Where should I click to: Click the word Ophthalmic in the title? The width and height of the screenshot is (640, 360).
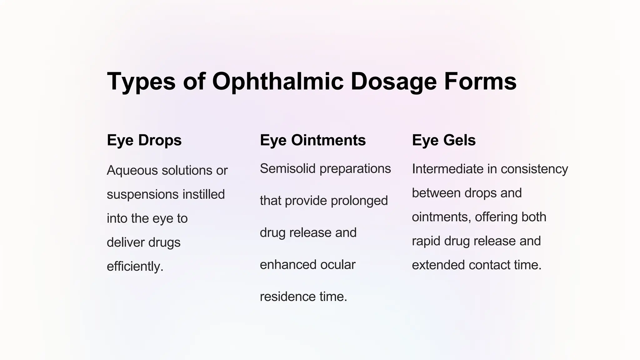click(278, 81)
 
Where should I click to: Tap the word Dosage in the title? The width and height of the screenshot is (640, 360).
click(393, 81)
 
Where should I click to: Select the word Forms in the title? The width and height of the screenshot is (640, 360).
click(480, 81)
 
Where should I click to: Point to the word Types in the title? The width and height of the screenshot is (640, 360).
click(141, 81)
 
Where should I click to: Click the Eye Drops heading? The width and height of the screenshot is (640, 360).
click(144, 140)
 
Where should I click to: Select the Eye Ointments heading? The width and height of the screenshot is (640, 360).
click(312, 140)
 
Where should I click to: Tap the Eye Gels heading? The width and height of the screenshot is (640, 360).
click(444, 140)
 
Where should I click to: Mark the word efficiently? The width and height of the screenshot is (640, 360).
click(135, 267)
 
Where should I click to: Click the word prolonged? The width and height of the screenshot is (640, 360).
click(359, 201)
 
